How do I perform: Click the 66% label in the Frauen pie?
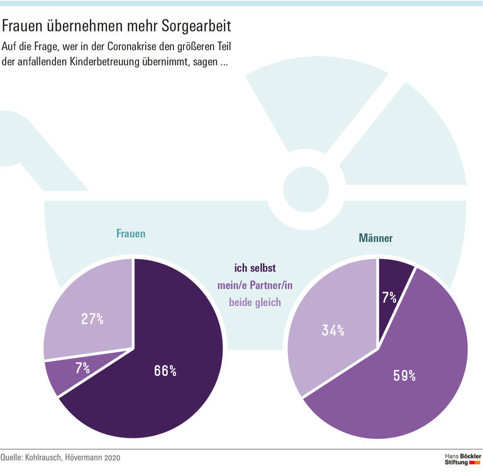point(165,371)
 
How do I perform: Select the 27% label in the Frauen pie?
point(92,319)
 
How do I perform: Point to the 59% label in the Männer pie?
point(404,376)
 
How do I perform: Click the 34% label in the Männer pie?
point(333,329)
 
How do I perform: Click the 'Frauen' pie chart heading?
point(131,233)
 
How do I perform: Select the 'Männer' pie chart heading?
point(375,238)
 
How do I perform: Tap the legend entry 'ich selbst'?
point(255,268)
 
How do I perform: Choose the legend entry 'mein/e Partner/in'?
point(255,285)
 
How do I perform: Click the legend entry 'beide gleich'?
point(255,302)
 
